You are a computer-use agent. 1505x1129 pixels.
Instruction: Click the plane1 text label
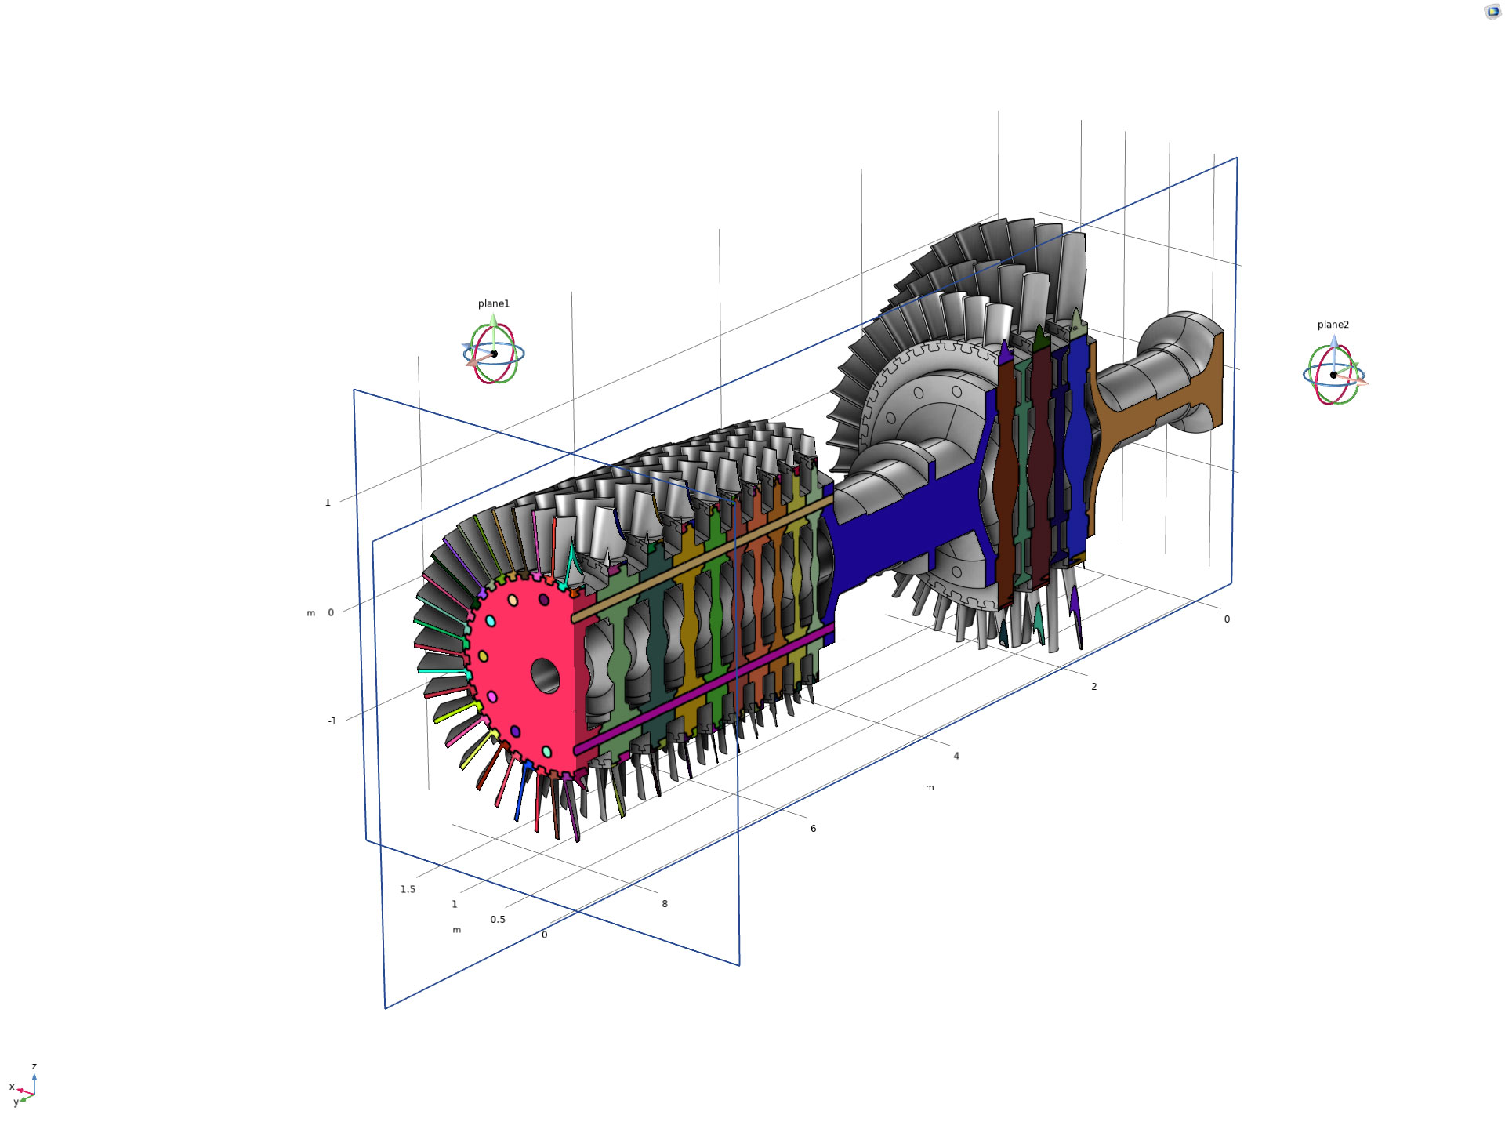[494, 303]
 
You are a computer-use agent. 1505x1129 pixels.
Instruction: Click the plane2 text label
[1333, 325]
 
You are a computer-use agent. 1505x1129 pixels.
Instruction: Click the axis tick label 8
[665, 903]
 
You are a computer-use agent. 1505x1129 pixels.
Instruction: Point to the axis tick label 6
[813, 828]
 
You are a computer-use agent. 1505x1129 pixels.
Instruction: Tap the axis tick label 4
[956, 756]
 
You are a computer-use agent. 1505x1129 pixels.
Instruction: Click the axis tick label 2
[1094, 687]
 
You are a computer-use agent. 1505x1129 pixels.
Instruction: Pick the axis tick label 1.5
[408, 889]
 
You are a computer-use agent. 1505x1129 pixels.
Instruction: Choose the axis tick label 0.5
[498, 919]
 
